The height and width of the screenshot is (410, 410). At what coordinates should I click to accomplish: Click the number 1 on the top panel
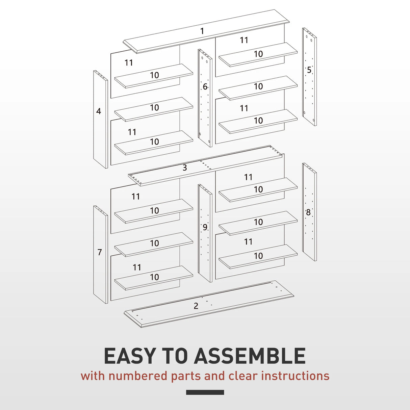click(x=202, y=31)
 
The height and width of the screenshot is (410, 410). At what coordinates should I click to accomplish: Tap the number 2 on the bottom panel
click(x=196, y=306)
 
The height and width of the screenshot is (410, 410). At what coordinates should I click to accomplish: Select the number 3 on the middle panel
click(x=185, y=168)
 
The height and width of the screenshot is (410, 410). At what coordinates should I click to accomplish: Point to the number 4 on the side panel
click(x=99, y=111)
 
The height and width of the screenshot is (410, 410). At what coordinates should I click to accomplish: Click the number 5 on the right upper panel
click(x=309, y=70)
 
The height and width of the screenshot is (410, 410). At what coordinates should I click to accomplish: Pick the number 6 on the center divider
click(x=205, y=87)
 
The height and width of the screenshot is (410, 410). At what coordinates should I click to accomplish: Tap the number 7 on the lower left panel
click(x=100, y=252)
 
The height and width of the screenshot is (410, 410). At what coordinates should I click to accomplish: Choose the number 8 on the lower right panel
click(x=308, y=212)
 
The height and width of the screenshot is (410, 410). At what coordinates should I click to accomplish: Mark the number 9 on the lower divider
click(x=205, y=228)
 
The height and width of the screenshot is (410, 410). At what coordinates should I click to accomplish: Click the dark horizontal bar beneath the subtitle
click(x=205, y=392)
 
